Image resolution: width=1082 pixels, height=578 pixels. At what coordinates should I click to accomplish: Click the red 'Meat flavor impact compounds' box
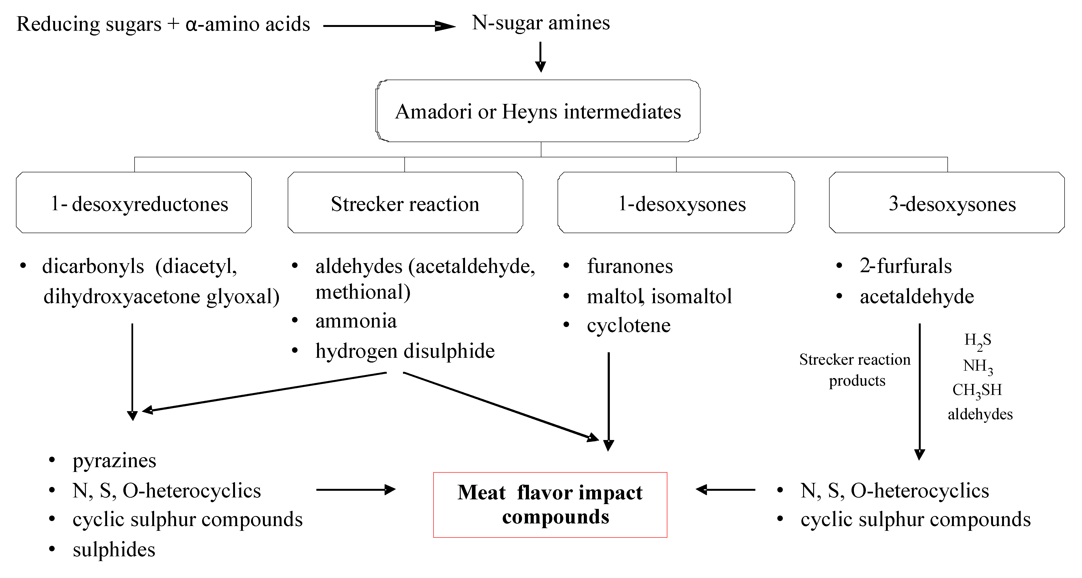click(x=550, y=505)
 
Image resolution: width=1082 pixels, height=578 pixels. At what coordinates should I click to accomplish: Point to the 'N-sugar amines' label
click(x=541, y=23)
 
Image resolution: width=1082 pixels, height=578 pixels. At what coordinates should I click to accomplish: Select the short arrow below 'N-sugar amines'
click(x=541, y=57)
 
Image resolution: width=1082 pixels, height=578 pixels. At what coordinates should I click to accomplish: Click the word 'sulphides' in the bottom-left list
click(x=114, y=549)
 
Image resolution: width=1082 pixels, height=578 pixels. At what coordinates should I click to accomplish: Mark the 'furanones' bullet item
click(x=630, y=266)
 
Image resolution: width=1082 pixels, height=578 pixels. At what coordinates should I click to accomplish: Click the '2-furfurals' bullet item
click(x=906, y=266)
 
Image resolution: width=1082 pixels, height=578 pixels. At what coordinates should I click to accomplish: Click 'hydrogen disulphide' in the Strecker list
click(x=405, y=351)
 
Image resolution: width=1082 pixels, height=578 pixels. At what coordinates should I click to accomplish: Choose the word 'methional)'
click(x=363, y=292)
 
